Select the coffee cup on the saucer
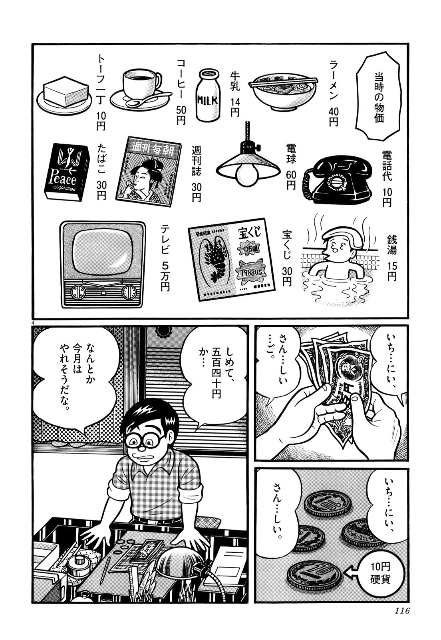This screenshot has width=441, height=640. pyautogui.click(x=141, y=88)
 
